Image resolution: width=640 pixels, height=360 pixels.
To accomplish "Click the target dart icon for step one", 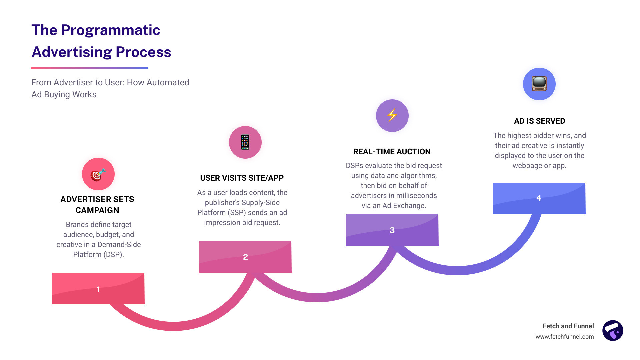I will pyautogui.click(x=98, y=174).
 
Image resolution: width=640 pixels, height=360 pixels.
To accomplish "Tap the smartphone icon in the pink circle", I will pyautogui.click(x=245, y=142).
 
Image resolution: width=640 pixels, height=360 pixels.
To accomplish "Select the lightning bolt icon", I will pyautogui.click(x=392, y=115).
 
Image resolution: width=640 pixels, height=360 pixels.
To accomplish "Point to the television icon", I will pyautogui.click(x=539, y=84).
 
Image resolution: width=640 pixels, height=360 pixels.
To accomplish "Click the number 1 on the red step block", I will pyautogui.click(x=98, y=289).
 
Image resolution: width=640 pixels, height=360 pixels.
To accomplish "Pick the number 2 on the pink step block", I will pyautogui.click(x=245, y=257).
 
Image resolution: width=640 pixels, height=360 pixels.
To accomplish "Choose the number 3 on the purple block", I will pyautogui.click(x=392, y=230).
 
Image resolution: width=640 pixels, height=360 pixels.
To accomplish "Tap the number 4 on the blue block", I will pyautogui.click(x=539, y=198).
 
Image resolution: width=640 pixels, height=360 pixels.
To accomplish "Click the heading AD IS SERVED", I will pyautogui.click(x=539, y=121).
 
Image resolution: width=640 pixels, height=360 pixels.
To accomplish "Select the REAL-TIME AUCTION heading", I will pyautogui.click(x=392, y=152).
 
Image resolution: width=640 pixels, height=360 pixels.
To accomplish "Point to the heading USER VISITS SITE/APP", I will pyautogui.click(x=242, y=178).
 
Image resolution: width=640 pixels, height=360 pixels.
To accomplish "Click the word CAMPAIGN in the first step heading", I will pyautogui.click(x=97, y=210).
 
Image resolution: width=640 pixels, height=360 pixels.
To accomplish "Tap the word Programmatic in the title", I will pyautogui.click(x=110, y=30).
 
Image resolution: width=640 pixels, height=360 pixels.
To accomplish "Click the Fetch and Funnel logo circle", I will pyautogui.click(x=613, y=331).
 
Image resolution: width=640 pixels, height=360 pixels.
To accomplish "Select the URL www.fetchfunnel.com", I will pyautogui.click(x=564, y=337).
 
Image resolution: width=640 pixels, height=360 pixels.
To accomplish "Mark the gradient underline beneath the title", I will pyautogui.click(x=89, y=68).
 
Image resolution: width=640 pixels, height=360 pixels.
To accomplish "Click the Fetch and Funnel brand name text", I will pyautogui.click(x=568, y=326).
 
